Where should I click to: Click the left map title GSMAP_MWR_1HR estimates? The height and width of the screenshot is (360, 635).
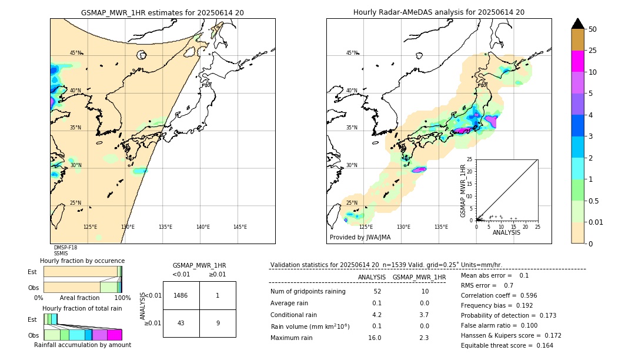point(162,12)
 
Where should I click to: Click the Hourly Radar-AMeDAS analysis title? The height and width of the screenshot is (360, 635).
point(439,12)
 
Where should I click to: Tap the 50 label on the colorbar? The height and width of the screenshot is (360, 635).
point(593,29)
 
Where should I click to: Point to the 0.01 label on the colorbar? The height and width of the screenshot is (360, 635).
point(596,222)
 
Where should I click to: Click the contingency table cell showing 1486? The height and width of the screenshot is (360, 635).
point(181,295)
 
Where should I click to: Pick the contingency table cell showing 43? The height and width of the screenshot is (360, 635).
point(181,323)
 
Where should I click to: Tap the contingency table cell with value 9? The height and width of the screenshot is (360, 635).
point(218,323)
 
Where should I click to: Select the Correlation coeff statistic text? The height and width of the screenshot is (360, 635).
point(490,296)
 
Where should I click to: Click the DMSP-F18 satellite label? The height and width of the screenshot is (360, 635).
point(65,248)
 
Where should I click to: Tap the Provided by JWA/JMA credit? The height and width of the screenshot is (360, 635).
point(360,238)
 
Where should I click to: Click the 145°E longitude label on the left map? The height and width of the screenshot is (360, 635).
point(240,227)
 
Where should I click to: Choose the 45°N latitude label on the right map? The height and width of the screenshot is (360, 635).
point(352,54)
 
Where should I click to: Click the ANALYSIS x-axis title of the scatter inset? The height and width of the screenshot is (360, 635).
point(506,233)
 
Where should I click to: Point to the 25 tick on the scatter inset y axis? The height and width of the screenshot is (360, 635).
point(470,159)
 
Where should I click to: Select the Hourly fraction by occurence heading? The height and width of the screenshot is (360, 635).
point(82,261)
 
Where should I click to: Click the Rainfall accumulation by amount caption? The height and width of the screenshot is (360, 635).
point(82,345)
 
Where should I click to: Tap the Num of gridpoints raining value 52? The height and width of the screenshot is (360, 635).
point(376,291)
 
